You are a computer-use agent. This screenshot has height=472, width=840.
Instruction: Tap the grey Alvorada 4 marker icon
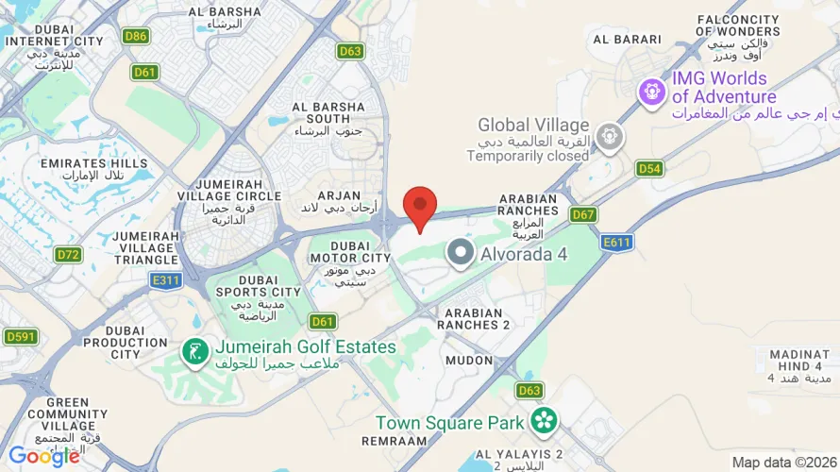[461, 253]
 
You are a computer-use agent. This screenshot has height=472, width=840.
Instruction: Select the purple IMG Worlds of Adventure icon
[652, 92]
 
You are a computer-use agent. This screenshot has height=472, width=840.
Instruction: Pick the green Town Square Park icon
[544, 421]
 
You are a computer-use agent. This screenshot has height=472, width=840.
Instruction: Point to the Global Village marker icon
[610, 138]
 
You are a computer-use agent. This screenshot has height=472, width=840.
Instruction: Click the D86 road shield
[137, 37]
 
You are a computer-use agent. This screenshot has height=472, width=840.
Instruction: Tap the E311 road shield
[165, 279]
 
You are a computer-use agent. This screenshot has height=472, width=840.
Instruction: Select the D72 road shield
[68, 255]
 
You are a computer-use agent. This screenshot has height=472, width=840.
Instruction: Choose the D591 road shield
[21, 337]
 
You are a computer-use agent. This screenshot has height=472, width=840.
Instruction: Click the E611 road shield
[618, 243]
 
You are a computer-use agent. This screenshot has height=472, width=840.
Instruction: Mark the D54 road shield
[648, 169]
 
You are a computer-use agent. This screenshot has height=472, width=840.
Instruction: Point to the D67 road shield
[583, 214]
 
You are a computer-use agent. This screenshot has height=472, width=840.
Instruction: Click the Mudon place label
[469, 361]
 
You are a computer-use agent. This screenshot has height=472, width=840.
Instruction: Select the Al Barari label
[619, 40]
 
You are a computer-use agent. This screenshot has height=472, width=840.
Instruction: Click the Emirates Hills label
[94, 170]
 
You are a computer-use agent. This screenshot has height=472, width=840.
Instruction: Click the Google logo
[44, 456]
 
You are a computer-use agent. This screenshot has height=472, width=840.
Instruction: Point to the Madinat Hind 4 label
[798, 365]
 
